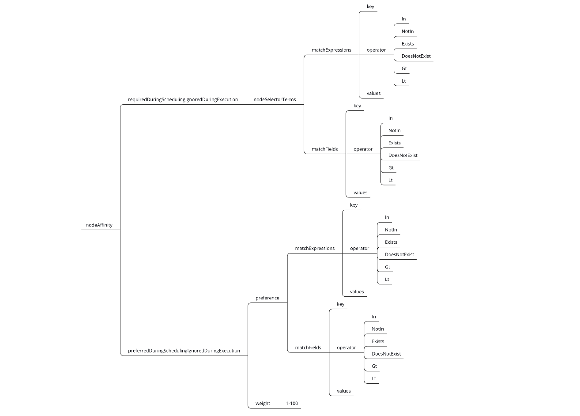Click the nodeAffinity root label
(99, 225)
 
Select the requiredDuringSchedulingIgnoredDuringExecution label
(183, 99)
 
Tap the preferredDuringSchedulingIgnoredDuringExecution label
(184, 351)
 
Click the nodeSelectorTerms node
(275, 99)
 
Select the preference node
(267, 298)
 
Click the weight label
(263, 403)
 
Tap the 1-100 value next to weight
(292, 403)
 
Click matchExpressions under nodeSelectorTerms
(331, 50)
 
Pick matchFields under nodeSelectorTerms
(325, 149)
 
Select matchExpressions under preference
(315, 248)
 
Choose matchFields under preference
(308, 348)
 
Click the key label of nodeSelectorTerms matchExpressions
(370, 7)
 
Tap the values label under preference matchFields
(343, 391)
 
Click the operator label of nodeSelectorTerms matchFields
(363, 149)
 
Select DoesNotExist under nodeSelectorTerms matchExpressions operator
(416, 56)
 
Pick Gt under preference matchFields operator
(374, 366)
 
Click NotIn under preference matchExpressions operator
(391, 230)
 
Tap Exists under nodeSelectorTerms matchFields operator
(394, 143)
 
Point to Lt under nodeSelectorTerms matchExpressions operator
(404, 81)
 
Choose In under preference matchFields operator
(373, 317)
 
